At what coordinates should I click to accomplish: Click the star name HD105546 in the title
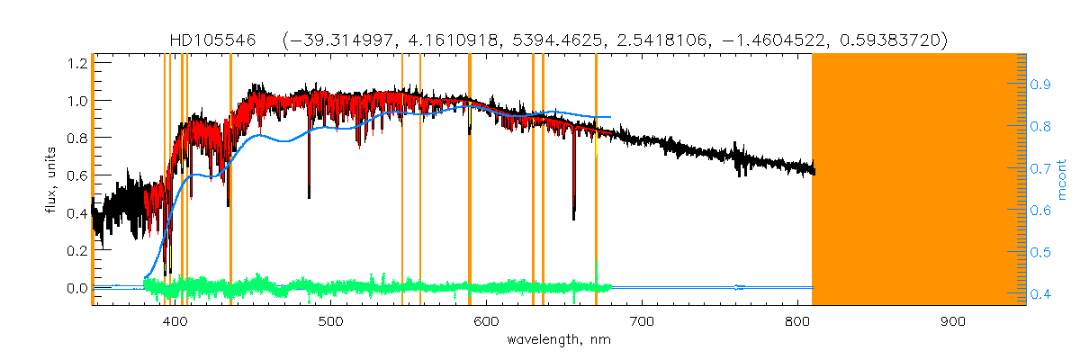point(212,40)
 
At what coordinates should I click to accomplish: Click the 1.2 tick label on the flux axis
point(76,63)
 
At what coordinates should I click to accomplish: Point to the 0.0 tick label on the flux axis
point(76,288)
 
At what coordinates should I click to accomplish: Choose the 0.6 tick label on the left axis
point(76,175)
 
